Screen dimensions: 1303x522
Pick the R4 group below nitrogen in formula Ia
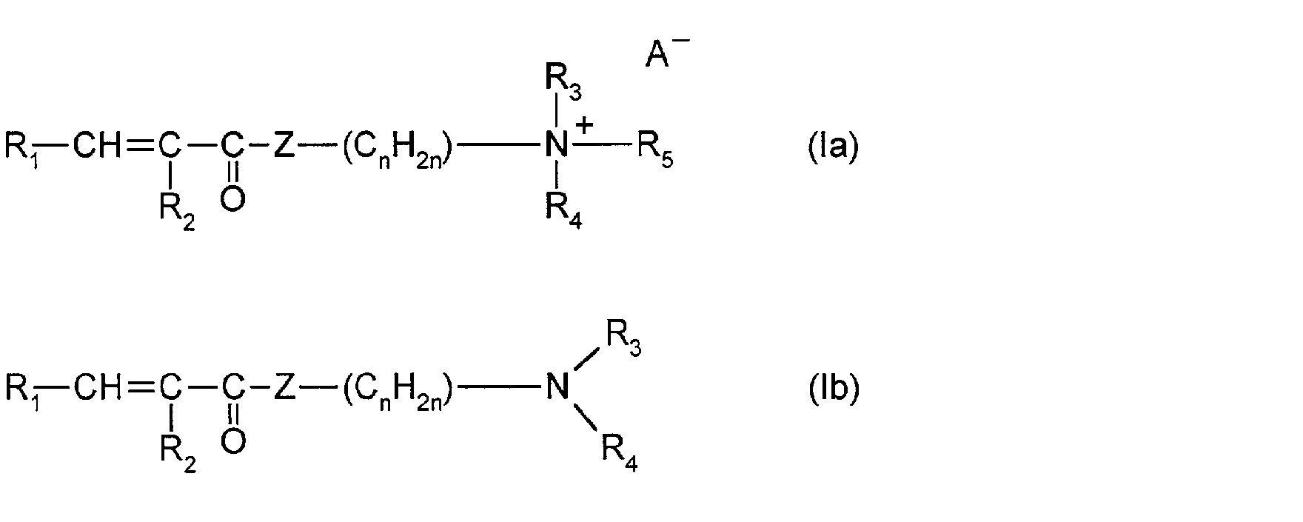point(563,213)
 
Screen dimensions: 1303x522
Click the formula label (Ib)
point(833,388)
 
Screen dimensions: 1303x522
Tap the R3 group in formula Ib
point(623,340)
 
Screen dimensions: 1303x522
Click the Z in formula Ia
point(284,146)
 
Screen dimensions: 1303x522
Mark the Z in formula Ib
point(284,387)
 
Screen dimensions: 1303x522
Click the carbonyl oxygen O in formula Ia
point(232,198)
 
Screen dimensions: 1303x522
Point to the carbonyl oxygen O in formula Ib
point(232,441)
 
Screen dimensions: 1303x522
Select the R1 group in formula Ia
point(22,148)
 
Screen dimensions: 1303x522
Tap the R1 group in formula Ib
point(22,389)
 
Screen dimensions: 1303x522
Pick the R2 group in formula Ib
point(178,455)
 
